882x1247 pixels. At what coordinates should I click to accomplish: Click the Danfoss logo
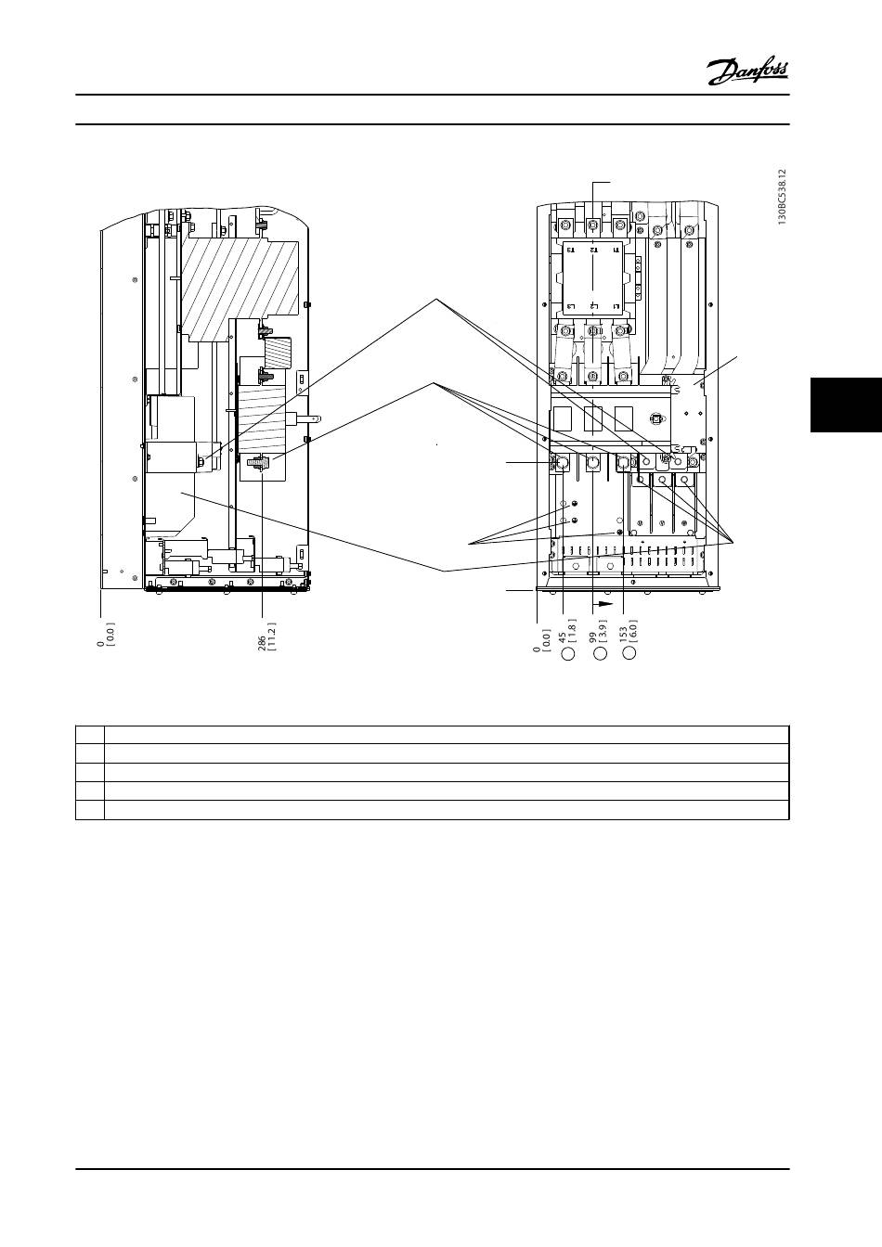[x=748, y=71]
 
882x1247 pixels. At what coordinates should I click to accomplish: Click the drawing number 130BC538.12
[x=783, y=198]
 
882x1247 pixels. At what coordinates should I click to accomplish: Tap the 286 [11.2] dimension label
[x=266, y=637]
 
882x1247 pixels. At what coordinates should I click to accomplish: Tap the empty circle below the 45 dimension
[x=570, y=654]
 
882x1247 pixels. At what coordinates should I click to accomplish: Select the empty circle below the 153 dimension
[x=630, y=654]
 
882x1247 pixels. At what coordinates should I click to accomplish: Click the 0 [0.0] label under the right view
[x=542, y=636]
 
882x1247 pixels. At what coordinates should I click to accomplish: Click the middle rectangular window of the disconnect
[x=594, y=419]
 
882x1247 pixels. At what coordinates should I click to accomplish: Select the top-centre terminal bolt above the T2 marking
[x=592, y=225]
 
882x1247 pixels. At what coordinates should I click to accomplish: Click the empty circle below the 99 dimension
[x=601, y=654]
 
